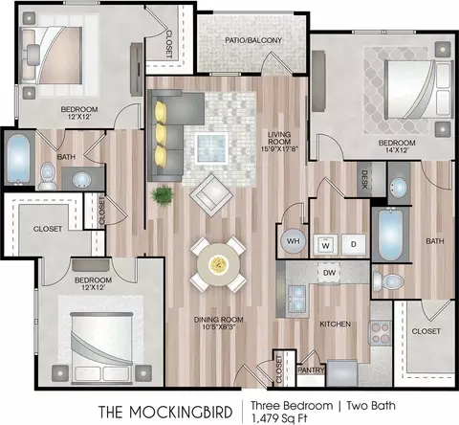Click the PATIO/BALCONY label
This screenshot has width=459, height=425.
pyautogui.click(x=253, y=40)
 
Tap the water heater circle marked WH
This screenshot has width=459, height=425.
pyautogui.click(x=293, y=241)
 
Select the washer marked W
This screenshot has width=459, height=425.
pyautogui.click(x=325, y=245)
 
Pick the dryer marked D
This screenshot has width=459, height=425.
pyautogui.click(x=354, y=245)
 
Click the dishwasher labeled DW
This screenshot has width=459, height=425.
pyautogui.click(x=330, y=273)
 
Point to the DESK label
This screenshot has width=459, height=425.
pyautogui.click(x=364, y=179)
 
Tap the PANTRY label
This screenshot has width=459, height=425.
pyautogui.click(x=311, y=370)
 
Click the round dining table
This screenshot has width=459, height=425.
pyautogui.click(x=218, y=264)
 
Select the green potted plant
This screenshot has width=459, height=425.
pyautogui.click(x=163, y=195)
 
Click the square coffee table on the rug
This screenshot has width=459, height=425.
pyautogui.click(x=211, y=148)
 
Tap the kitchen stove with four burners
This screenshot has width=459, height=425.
pyautogui.click(x=381, y=333)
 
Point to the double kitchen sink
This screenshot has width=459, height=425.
pyautogui.click(x=296, y=299)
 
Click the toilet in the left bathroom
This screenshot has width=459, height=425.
pyautogui.click(x=47, y=176)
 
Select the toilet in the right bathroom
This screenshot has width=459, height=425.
pyautogui.click(x=389, y=281)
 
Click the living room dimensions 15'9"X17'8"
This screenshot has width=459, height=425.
pyautogui.click(x=279, y=148)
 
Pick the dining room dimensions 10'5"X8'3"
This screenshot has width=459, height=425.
pyautogui.click(x=219, y=327)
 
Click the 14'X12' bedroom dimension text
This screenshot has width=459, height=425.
pyautogui.click(x=397, y=150)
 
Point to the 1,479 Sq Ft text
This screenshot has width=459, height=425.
pyautogui.click(x=279, y=417)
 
